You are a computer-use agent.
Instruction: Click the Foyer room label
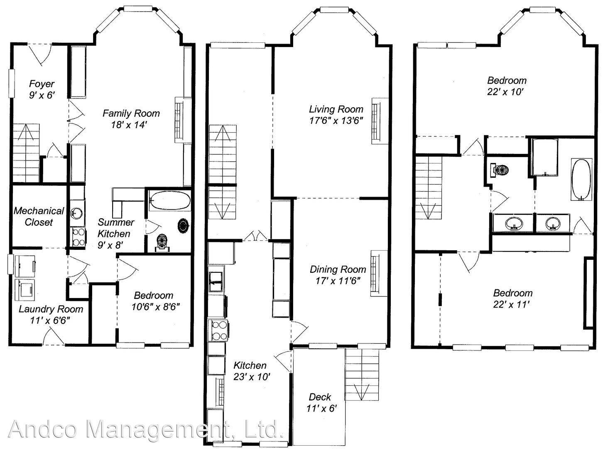(x=42, y=89)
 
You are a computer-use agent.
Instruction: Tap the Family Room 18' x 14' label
(x=131, y=118)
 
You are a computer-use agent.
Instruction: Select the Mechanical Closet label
(x=39, y=216)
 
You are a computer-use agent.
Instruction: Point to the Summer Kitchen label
(x=115, y=233)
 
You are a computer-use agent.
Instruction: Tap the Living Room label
(x=336, y=115)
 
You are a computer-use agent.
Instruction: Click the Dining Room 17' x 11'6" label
(x=338, y=275)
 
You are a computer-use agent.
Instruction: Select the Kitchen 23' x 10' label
(x=250, y=371)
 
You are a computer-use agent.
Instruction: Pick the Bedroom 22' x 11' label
(x=512, y=299)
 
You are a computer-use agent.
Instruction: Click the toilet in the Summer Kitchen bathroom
(x=162, y=242)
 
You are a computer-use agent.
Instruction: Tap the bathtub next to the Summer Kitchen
(x=169, y=200)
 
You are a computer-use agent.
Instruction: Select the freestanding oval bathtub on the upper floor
(x=581, y=179)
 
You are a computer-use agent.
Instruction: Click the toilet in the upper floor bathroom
(x=502, y=170)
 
